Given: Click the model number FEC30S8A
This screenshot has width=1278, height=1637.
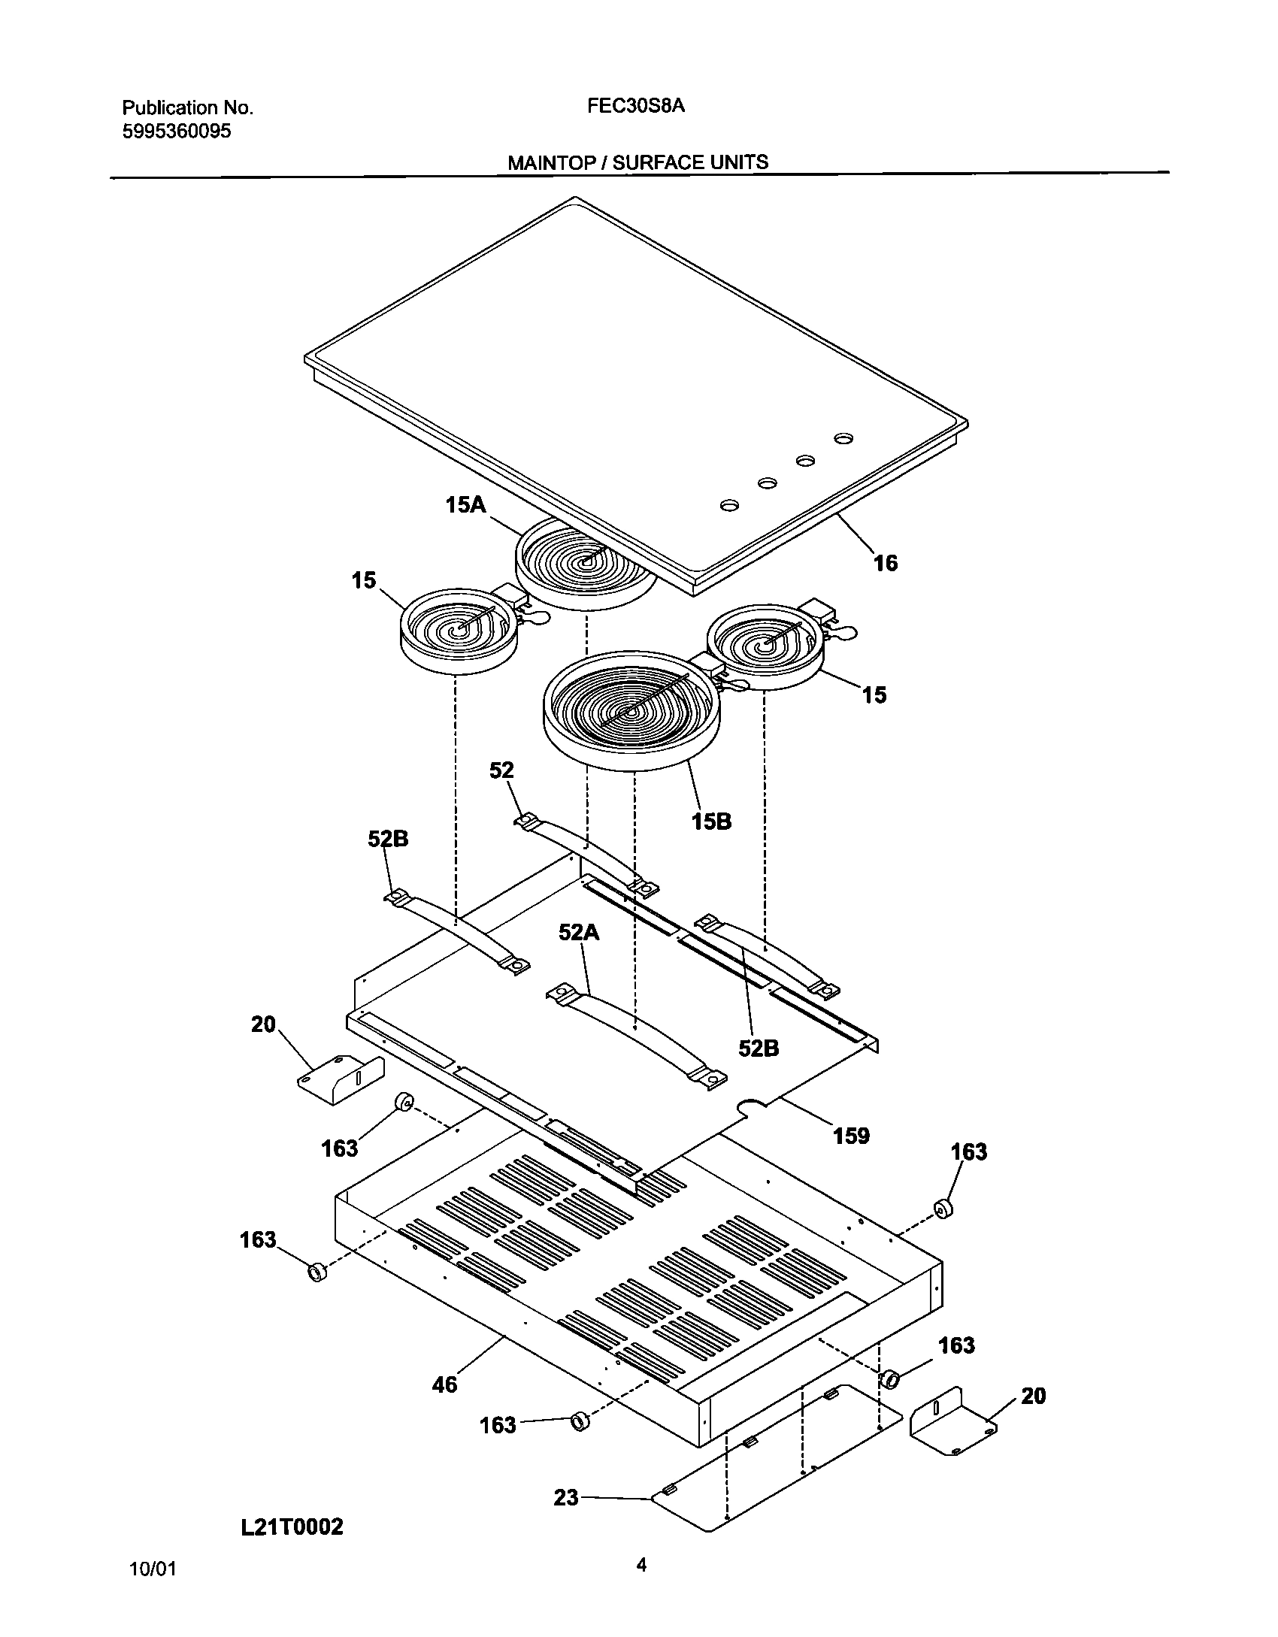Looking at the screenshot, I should [x=636, y=106].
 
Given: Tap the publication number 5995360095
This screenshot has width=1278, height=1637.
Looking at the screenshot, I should [x=176, y=132].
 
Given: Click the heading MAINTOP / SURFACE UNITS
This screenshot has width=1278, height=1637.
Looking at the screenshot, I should [x=637, y=162].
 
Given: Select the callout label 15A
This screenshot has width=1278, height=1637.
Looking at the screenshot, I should [x=465, y=504].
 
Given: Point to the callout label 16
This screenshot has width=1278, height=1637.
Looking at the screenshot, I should [x=885, y=563].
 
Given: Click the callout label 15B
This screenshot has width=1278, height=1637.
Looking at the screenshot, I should [x=711, y=822].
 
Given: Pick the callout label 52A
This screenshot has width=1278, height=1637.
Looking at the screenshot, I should [x=578, y=933].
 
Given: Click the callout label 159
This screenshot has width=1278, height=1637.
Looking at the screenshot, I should [x=851, y=1136].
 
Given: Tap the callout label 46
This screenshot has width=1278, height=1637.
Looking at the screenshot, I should [x=444, y=1384].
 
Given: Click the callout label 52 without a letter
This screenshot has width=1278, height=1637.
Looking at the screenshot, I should [x=501, y=770].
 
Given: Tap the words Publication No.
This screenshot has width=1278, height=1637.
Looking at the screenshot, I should [x=187, y=107].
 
